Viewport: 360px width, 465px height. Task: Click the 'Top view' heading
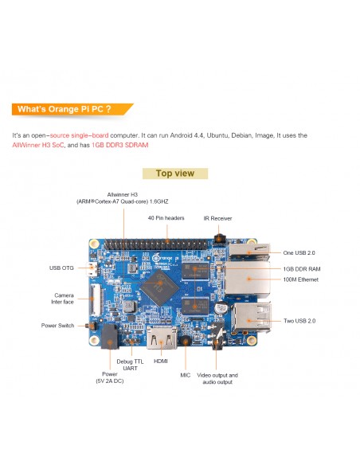coord(175,174)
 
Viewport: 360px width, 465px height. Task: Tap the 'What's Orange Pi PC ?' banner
coord(72,109)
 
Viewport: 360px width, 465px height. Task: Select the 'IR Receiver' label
coord(217,218)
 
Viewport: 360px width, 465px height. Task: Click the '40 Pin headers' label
coord(166,218)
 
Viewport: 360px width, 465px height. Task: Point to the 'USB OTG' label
coord(61,268)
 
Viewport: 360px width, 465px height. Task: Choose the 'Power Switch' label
coord(57,326)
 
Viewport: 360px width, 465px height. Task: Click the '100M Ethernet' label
coord(301,279)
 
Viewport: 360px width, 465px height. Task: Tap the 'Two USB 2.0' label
coord(299,321)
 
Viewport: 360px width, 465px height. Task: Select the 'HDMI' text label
coord(161,361)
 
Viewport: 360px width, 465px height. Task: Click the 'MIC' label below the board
coord(186,375)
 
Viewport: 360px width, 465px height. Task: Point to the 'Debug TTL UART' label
coord(130,365)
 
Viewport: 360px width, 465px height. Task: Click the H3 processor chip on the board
coord(159,287)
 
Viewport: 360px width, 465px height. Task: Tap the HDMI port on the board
coord(162,338)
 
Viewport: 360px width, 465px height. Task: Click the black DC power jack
coord(109,336)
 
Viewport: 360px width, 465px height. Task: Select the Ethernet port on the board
coord(248,279)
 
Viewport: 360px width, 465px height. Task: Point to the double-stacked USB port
coord(252,318)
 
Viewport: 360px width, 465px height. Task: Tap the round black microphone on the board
coord(186,341)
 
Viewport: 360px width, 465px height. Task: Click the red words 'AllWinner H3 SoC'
coord(38,145)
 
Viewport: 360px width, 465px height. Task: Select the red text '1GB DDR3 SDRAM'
coord(120,145)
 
